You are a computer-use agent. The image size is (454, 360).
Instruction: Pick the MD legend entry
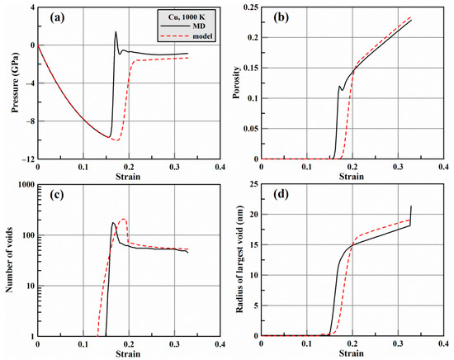[x=187, y=26]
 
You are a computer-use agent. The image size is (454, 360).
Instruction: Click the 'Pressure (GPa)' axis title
[x=7, y=83]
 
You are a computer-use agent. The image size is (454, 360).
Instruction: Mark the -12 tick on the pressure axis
[x=26, y=159]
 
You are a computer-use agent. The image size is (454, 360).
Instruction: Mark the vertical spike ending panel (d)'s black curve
[x=410, y=216]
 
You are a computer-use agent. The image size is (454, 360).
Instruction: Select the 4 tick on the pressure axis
[x=31, y=7]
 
